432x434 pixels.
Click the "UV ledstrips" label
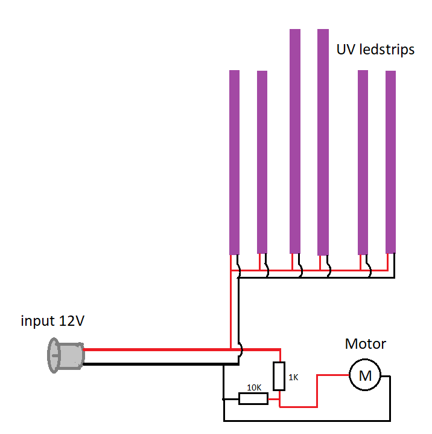click(375, 50)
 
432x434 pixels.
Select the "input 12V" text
click(52, 321)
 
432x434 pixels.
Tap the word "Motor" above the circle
click(365, 344)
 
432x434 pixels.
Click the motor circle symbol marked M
click(365, 375)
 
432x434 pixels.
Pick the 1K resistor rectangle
click(279, 376)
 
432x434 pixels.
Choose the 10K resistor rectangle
click(253, 398)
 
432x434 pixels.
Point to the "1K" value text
click(293, 377)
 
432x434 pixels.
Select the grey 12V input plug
click(65, 355)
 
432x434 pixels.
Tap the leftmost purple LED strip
click(234, 162)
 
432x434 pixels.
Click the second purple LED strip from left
click(262, 162)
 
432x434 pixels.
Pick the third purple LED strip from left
click(295, 141)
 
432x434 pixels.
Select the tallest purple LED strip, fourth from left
click(323, 141)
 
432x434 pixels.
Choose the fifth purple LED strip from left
click(363, 162)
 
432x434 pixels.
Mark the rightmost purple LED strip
click(390, 162)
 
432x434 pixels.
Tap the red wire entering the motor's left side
click(332, 375)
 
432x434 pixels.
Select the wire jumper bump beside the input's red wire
click(241, 349)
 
